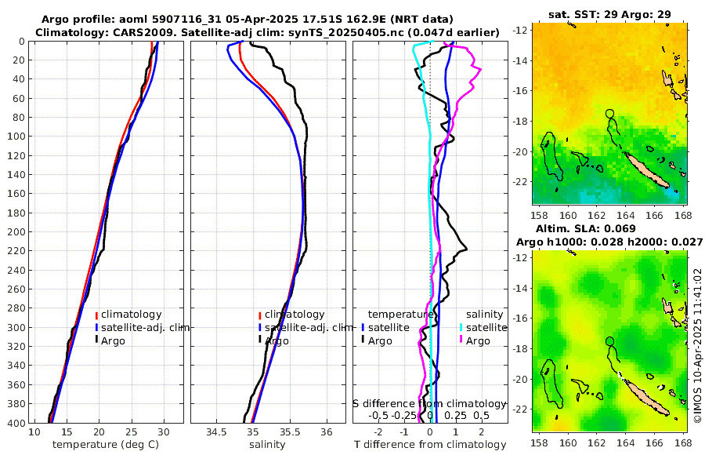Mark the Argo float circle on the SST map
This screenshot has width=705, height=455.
[610, 114]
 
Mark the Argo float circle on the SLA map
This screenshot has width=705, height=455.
[610, 341]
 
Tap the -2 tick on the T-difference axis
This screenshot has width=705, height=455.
[379, 432]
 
